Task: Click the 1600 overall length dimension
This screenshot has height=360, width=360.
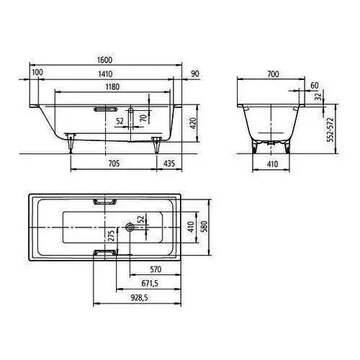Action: coord(104,60)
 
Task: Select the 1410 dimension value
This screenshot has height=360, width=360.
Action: coord(105,74)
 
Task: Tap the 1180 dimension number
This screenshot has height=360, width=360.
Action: coord(112,86)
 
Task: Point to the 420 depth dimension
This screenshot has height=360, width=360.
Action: coord(194,123)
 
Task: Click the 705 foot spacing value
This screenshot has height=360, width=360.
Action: coord(114,163)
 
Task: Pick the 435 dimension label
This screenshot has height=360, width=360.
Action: coord(169,163)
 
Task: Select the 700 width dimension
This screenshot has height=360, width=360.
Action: coord(273,74)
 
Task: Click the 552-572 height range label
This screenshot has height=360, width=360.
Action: coord(330,130)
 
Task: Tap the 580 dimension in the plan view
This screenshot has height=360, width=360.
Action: coord(204,226)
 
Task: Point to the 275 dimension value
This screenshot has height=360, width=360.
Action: coord(111,235)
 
